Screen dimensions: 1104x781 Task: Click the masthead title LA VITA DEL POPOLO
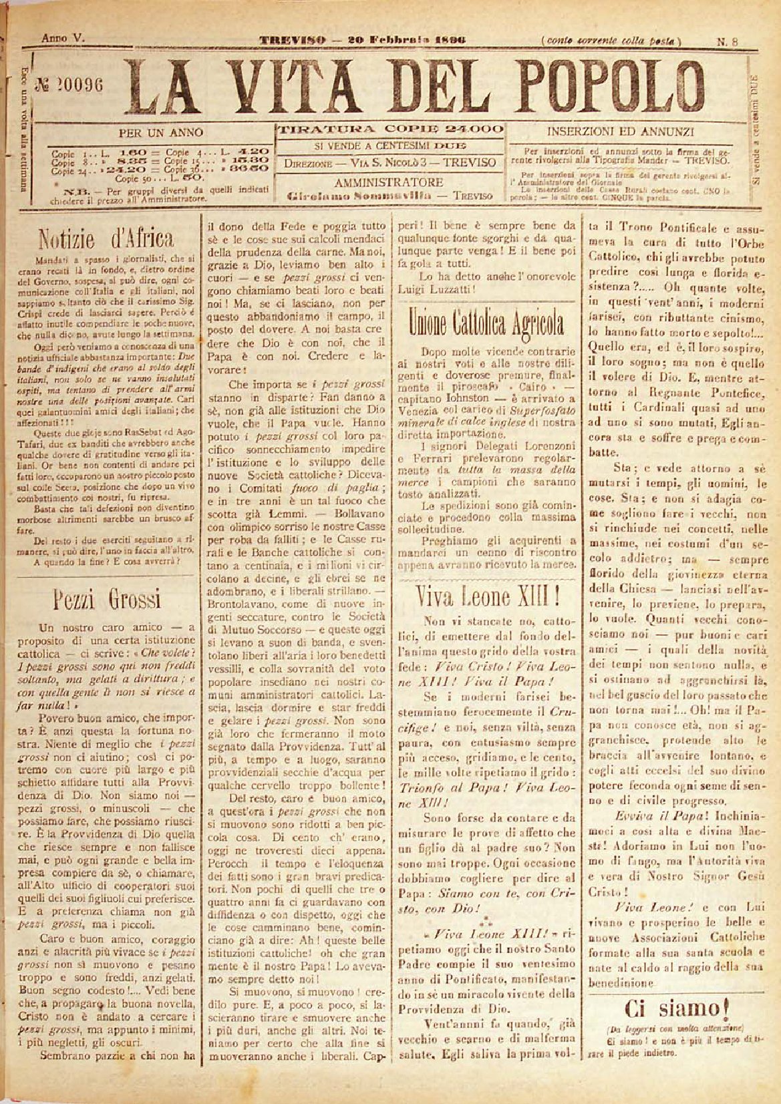point(414,85)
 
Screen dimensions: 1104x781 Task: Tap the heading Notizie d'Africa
point(106,238)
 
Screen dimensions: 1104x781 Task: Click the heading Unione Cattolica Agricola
point(486,325)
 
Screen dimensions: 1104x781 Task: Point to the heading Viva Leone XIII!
point(486,594)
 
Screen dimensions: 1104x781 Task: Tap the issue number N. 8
point(728,41)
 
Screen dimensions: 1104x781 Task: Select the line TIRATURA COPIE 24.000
point(390,129)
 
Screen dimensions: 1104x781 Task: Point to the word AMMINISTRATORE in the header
point(388,182)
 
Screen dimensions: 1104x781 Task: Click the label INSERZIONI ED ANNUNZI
point(621,132)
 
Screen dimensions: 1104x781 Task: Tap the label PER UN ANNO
point(160,132)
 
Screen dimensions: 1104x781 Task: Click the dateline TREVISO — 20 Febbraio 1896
point(362,40)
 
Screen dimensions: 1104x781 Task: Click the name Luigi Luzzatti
point(428,290)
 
